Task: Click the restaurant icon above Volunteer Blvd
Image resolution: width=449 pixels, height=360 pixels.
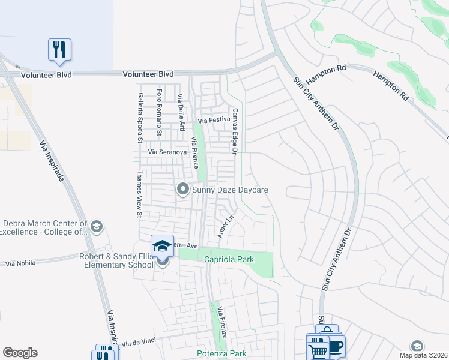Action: point(59,49)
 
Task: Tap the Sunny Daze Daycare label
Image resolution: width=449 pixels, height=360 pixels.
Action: point(229,190)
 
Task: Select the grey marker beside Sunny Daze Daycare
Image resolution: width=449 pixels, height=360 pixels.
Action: point(183,190)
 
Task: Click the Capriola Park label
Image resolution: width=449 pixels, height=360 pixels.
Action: point(229,259)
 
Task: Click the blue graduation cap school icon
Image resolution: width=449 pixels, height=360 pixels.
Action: point(162,245)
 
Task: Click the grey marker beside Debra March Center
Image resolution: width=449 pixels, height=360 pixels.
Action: point(97,227)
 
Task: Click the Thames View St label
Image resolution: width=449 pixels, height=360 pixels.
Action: point(139,193)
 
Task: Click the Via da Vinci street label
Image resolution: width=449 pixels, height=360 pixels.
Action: point(139,341)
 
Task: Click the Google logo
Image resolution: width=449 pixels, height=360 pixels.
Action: point(20,353)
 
